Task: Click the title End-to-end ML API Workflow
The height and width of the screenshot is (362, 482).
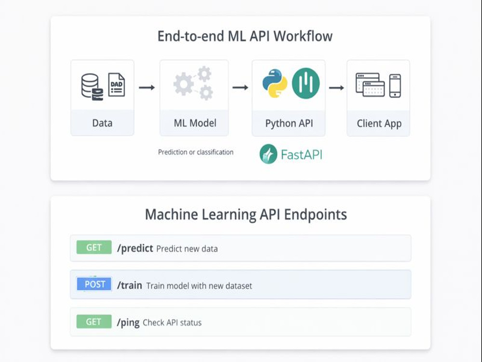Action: coord(245,36)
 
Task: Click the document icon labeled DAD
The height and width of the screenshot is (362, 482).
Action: coord(116,85)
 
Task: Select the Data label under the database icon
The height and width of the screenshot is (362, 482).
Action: coord(102,123)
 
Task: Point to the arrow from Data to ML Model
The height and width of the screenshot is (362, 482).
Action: coord(147,87)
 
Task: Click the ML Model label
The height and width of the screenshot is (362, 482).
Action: coord(195,123)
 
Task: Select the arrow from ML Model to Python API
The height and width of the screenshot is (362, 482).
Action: coord(240,87)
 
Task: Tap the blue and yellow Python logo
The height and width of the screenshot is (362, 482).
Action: coord(275,83)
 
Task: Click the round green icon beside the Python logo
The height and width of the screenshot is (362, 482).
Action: coord(306,83)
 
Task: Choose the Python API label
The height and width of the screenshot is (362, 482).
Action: coord(289,123)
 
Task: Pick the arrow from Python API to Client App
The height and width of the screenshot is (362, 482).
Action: coord(336,87)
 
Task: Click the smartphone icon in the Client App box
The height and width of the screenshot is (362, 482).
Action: coord(395,85)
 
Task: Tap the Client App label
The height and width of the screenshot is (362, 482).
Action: coord(379,123)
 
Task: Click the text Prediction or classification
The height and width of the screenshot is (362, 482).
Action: coord(196,152)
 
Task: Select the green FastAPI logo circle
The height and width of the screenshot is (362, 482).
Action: coord(268,154)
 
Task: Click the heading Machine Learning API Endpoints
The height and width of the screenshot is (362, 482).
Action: coord(246,214)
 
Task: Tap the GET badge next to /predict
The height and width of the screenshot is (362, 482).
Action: coord(94,248)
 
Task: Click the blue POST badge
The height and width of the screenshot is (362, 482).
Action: coord(94,284)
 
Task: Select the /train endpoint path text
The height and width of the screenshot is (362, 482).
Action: coord(130,285)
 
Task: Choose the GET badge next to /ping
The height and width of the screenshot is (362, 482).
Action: coord(94,322)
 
